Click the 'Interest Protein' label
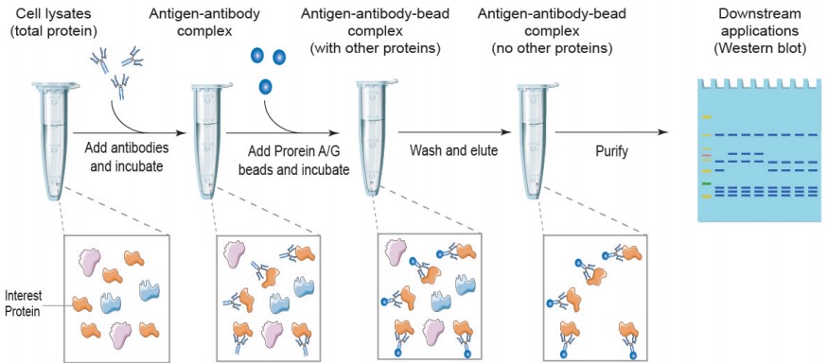point(24,302)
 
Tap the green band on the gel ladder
point(706,182)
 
